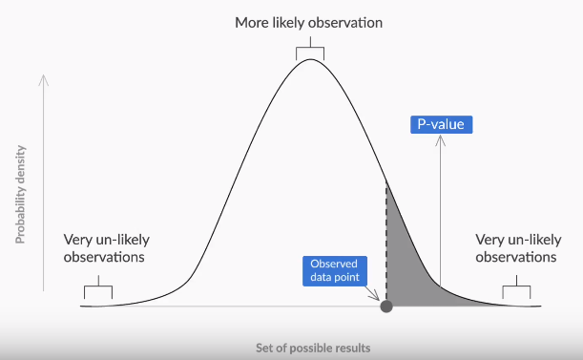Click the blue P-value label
tap(441, 124)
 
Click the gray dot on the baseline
tap(386, 307)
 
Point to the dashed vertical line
tap(386, 239)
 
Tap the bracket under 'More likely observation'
tap(310, 50)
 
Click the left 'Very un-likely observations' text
tap(107, 248)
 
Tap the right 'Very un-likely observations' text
tap(515, 248)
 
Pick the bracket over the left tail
tap(97, 288)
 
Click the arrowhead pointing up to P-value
tap(440, 140)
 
